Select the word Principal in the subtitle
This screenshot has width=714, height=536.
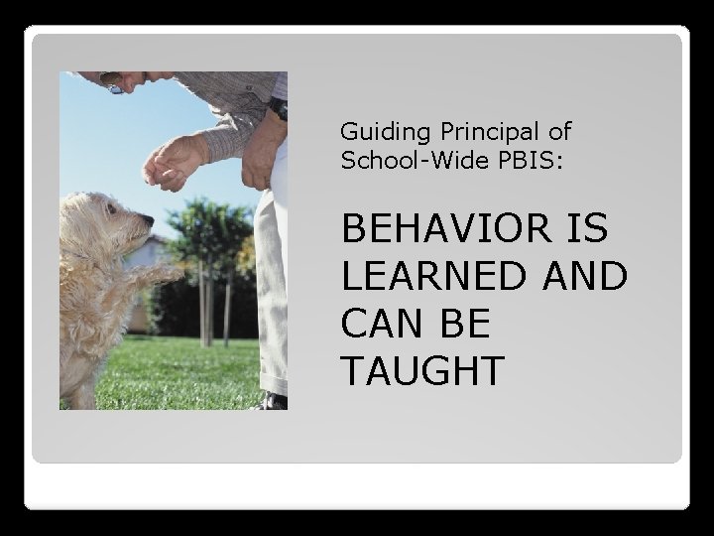(483, 132)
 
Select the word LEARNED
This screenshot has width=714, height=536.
(432, 277)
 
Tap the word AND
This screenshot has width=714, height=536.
(586, 277)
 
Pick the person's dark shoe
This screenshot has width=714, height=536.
(273, 401)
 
